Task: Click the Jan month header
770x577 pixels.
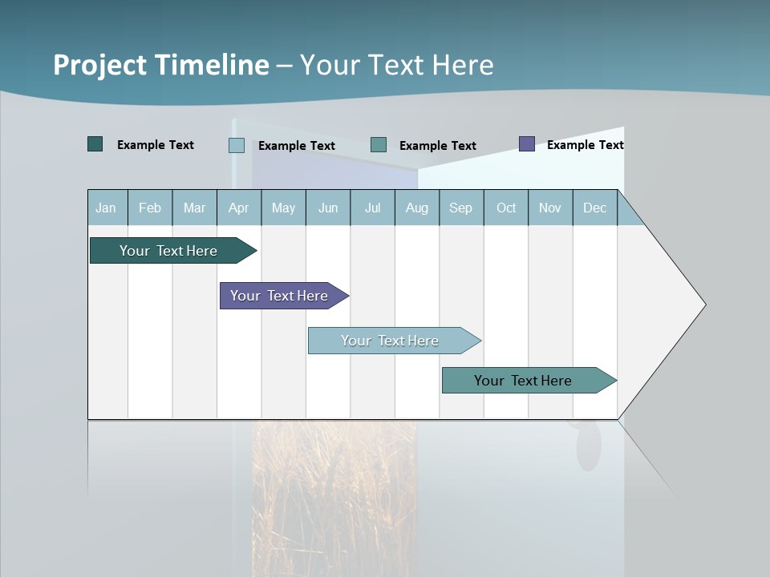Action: [107, 208]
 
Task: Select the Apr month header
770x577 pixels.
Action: [238, 208]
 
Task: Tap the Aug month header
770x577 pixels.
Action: [416, 208]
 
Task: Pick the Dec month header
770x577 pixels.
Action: [594, 208]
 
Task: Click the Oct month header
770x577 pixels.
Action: [505, 208]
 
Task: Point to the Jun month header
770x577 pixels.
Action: [327, 208]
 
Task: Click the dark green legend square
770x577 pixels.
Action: [95, 144]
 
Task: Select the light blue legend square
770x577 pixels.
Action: [237, 145]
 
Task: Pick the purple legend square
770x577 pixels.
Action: [527, 144]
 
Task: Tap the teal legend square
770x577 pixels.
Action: [379, 145]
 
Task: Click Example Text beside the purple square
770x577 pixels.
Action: [585, 145]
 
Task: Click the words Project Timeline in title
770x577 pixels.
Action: [160, 65]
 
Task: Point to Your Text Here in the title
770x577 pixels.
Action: [396, 65]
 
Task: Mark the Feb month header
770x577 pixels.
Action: [150, 208]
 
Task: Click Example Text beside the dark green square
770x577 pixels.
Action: [155, 145]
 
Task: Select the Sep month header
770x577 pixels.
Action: [460, 208]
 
